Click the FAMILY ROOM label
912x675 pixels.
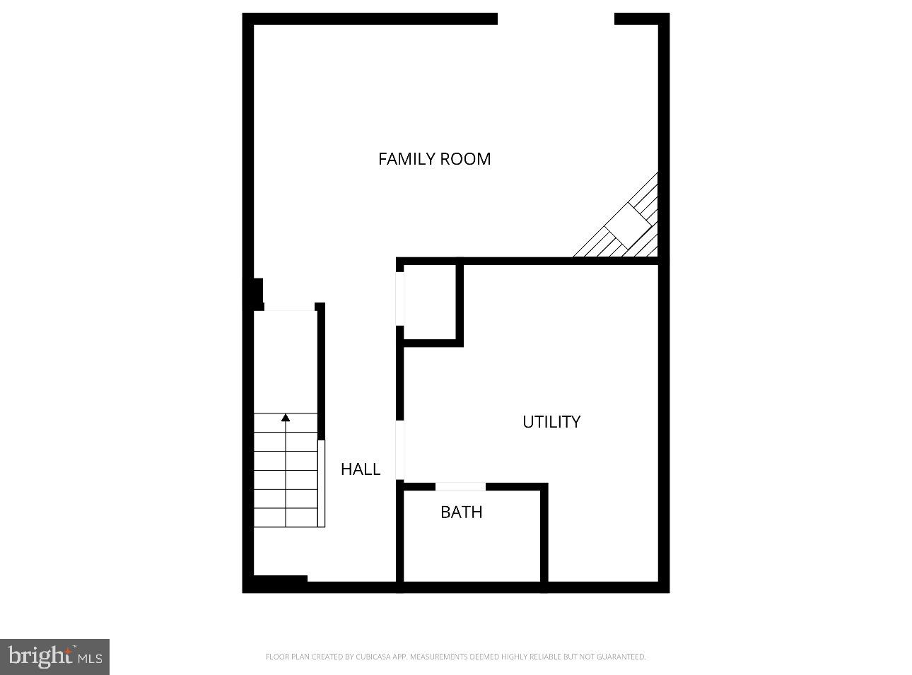pyautogui.click(x=434, y=159)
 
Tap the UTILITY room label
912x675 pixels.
pyautogui.click(x=551, y=422)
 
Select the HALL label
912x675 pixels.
pyautogui.click(x=361, y=469)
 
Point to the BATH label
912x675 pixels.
pyautogui.click(x=461, y=512)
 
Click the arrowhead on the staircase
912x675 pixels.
pyautogui.click(x=286, y=418)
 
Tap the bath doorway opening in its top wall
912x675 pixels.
pyautogui.click(x=460, y=486)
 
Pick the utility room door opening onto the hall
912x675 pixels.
pyautogui.click(x=399, y=450)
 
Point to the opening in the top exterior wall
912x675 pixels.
pyautogui.click(x=556, y=19)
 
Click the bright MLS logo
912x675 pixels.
pyautogui.click(x=54, y=657)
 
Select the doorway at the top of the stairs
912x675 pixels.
pyautogui.click(x=289, y=309)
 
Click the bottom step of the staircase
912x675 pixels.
pyautogui.click(x=286, y=517)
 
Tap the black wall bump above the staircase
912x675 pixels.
pyautogui.click(x=257, y=293)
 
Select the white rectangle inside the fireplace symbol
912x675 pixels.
pyautogui.click(x=629, y=225)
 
